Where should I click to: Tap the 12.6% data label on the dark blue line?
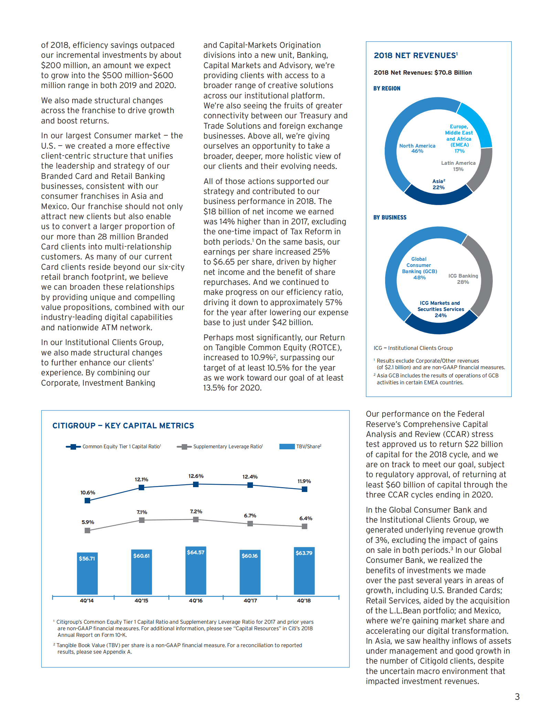[196, 476]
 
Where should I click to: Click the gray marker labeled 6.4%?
[304, 526]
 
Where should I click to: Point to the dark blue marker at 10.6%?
[87, 501]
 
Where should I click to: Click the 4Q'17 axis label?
[250, 601]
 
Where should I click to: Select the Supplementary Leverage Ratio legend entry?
[227, 447]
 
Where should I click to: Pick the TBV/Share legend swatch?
[287, 447]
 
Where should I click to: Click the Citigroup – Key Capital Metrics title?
[123, 426]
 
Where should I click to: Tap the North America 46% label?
[417, 148]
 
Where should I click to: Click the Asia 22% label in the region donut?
[438, 184]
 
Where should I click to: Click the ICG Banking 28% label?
[463, 279]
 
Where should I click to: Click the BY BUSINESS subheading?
[390, 217]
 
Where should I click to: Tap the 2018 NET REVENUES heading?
[415, 56]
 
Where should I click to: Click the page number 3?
[517, 697]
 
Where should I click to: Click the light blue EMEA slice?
[478, 124]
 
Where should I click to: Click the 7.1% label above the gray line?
[142, 512]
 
